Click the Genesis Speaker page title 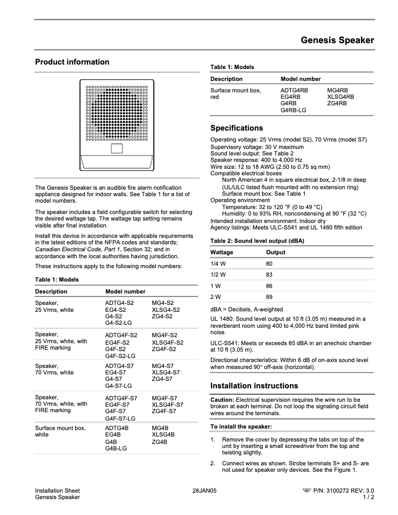[x=337, y=40]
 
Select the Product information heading [x=72, y=62]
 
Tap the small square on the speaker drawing [x=116, y=148]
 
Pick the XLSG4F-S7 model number [x=167, y=405]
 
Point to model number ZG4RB [x=337, y=103]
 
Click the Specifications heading [x=237, y=128]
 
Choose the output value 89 [x=269, y=297]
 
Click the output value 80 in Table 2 [x=269, y=264]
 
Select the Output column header [x=275, y=252]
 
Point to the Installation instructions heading [x=254, y=386]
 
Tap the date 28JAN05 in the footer [x=204, y=491]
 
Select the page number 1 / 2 [x=369, y=497]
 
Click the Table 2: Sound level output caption [x=257, y=240]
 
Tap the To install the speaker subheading [x=241, y=427]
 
